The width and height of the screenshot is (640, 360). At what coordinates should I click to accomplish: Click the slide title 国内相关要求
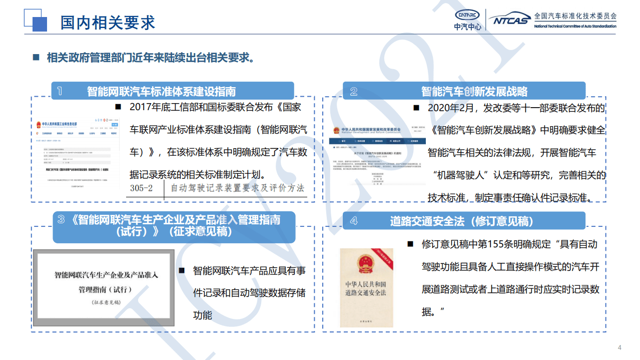tap(108, 22)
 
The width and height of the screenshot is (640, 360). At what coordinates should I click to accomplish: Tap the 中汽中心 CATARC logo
tap(467, 20)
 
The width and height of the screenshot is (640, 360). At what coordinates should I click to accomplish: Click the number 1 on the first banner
tap(60, 91)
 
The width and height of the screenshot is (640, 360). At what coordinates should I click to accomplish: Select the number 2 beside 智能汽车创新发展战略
tap(354, 91)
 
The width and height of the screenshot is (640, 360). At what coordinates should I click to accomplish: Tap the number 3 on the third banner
tap(61, 219)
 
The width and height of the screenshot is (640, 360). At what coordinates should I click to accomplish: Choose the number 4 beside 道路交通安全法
tap(354, 221)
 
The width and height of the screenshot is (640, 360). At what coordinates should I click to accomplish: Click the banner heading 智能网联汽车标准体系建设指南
tap(161, 92)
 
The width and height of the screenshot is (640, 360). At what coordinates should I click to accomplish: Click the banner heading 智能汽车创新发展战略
tap(474, 92)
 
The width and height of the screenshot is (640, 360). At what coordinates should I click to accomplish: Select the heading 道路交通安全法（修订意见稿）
tap(462, 221)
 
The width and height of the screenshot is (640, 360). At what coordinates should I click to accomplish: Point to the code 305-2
tap(141, 188)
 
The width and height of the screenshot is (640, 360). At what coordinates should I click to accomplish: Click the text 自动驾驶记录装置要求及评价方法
tap(237, 188)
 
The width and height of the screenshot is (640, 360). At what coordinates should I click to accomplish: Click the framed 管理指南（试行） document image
tap(104, 288)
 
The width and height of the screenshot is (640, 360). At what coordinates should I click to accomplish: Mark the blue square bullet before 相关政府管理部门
tap(36, 57)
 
